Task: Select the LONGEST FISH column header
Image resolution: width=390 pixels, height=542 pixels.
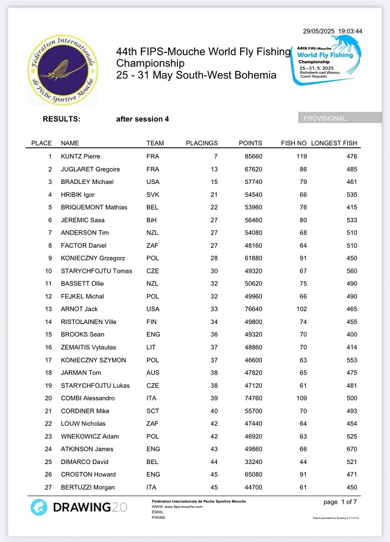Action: pos(334,143)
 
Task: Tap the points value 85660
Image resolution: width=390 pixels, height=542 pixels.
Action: pos(250,157)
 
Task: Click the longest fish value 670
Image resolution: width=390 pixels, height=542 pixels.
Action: pos(352,449)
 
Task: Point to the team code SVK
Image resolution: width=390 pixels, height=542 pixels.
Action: pos(152,194)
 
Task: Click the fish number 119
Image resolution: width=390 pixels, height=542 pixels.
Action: pos(300,157)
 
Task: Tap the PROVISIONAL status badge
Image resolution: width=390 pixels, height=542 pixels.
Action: pos(324,118)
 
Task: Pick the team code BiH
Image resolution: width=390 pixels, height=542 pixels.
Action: pos(152,220)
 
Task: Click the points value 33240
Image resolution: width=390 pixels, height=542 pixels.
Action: pos(250,462)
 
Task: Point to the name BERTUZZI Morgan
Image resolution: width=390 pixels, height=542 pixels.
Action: pos(88,487)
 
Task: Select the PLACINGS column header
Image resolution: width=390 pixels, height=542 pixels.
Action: pos(202,143)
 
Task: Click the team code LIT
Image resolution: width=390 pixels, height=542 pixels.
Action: pos(151,347)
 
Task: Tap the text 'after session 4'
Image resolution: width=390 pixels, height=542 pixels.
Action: pos(143,119)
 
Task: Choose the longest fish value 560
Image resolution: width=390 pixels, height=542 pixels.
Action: pos(352,271)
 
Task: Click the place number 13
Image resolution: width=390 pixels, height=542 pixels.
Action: pos(49,309)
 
